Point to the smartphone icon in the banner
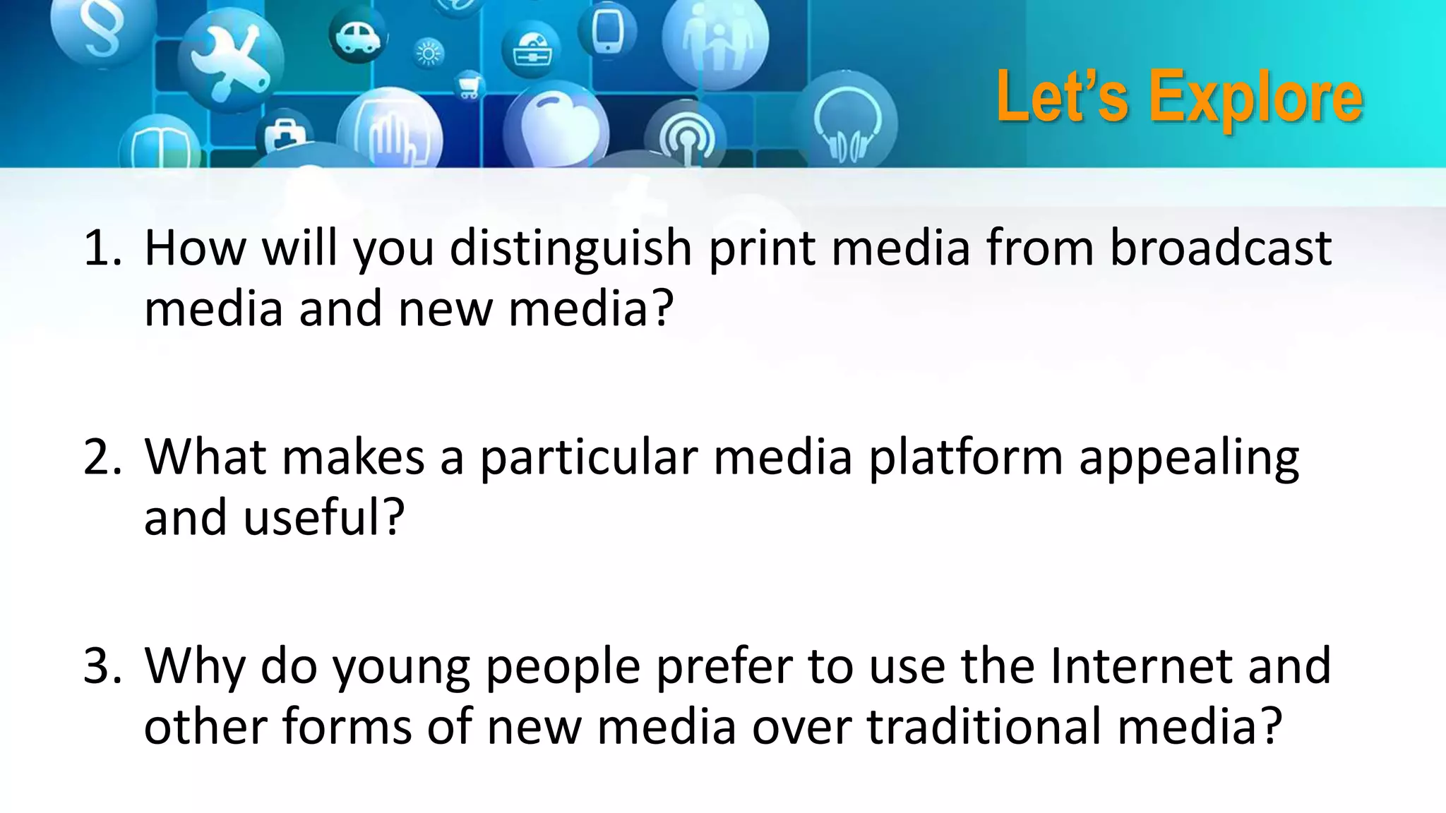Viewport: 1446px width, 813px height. [606, 30]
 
